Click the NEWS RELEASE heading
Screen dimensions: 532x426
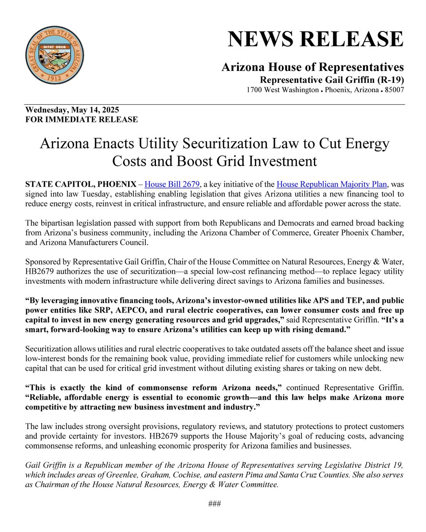coord(316,39)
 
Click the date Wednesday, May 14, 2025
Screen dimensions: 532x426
coord(72,110)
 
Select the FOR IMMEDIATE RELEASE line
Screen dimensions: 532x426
coord(82,119)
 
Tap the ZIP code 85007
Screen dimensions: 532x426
coord(393,90)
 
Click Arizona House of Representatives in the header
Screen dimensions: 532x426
coord(313,67)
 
